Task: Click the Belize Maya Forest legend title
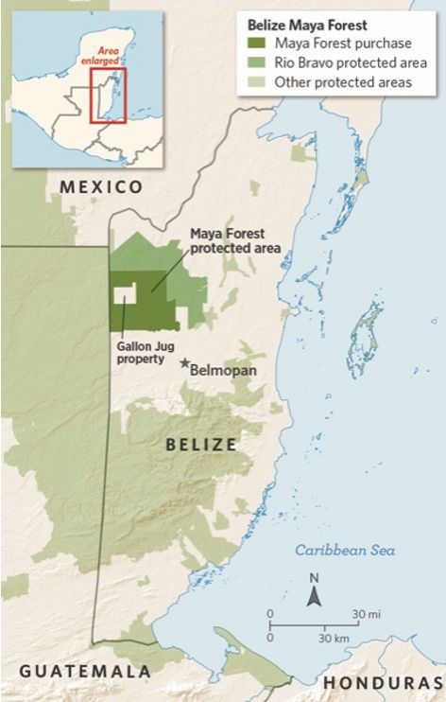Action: [306, 26]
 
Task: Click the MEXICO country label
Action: [101, 187]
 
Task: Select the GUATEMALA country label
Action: [85, 671]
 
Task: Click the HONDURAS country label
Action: [383, 682]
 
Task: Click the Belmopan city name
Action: [224, 371]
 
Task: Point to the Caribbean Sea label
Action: [344, 551]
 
